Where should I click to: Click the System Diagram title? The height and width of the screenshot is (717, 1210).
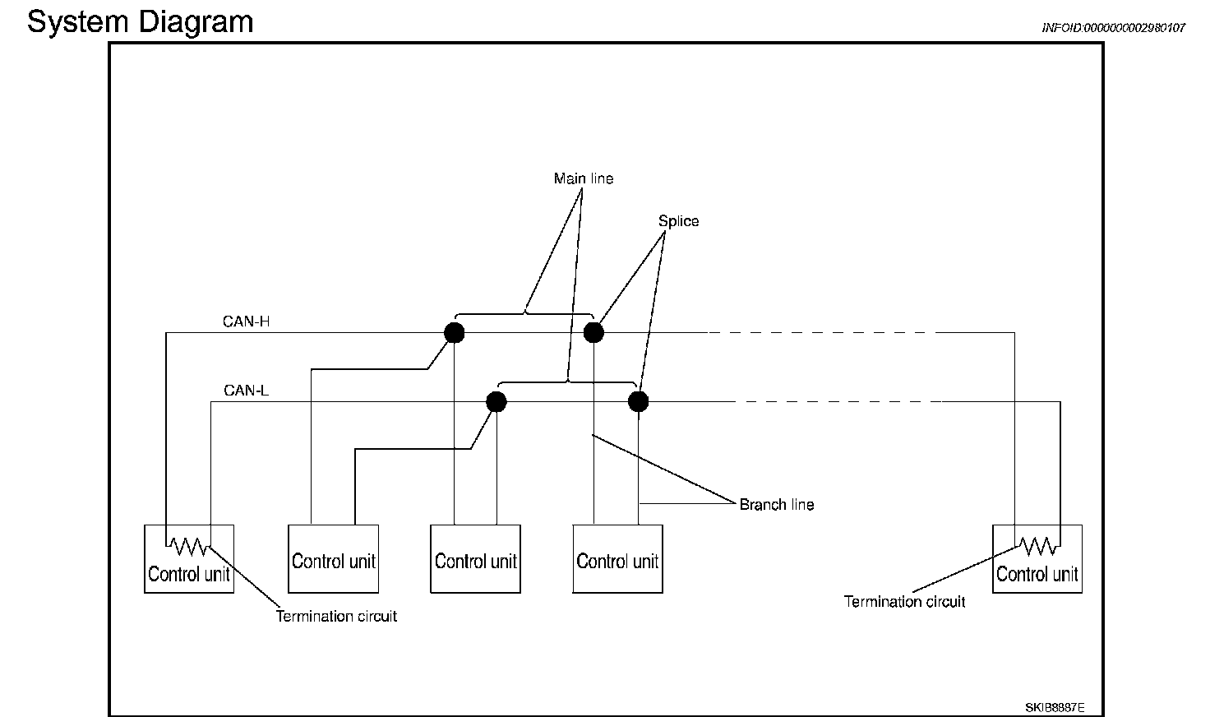click(x=141, y=23)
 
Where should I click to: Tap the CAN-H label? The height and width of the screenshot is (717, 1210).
click(x=247, y=321)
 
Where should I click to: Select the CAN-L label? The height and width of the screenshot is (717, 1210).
click(x=247, y=390)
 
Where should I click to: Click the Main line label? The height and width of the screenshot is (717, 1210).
click(x=584, y=178)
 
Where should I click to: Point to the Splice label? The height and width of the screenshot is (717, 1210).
click(x=678, y=221)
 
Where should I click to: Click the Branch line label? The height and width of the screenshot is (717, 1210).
click(x=777, y=504)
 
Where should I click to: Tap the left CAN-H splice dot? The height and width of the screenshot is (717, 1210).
click(x=455, y=333)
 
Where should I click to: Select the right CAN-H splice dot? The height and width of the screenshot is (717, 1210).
click(x=593, y=333)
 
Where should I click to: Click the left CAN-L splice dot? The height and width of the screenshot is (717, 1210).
click(x=496, y=401)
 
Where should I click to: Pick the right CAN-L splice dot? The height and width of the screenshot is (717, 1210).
click(x=639, y=401)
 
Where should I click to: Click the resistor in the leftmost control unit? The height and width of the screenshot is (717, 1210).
click(x=188, y=546)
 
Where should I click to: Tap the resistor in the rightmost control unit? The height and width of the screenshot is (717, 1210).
click(x=1037, y=546)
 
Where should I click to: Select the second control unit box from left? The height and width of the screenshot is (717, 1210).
click(x=333, y=558)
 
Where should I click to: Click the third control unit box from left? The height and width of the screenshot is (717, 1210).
click(x=475, y=558)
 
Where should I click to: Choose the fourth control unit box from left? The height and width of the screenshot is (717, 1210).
click(x=617, y=558)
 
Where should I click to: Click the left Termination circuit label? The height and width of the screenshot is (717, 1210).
click(x=336, y=616)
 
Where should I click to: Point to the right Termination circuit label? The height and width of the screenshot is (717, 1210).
click(x=904, y=601)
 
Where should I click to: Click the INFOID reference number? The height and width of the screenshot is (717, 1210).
click(x=1113, y=28)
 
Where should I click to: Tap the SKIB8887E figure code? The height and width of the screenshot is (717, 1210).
click(x=1055, y=707)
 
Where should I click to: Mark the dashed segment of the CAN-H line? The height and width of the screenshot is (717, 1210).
click(x=821, y=333)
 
